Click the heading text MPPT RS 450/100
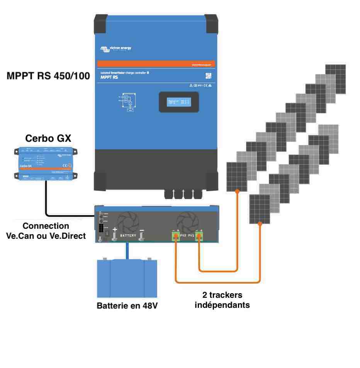click(x=48, y=76)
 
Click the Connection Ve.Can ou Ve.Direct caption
click(x=46, y=231)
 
